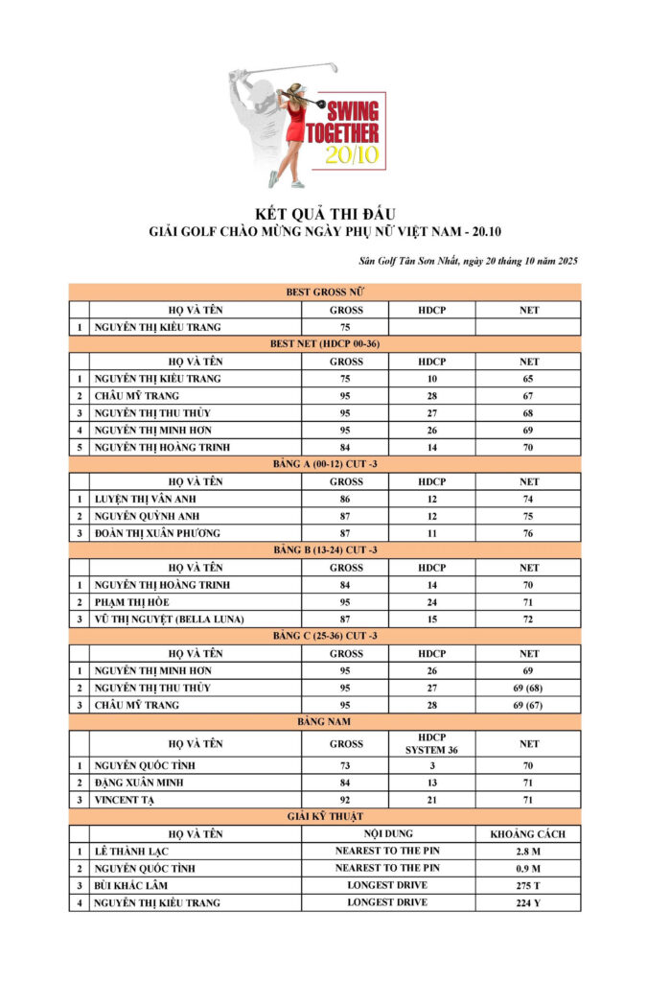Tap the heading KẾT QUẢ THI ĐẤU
(324, 213)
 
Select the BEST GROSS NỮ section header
(324, 292)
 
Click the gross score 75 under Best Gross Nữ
(346, 327)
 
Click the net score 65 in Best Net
(528, 379)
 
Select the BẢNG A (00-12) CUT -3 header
(324, 464)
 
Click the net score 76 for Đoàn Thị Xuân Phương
(528, 533)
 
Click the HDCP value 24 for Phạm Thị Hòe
(432, 602)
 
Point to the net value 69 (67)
(528, 705)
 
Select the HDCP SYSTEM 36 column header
(432, 743)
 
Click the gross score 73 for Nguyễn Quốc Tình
(346, 766)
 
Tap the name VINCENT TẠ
(125, 800)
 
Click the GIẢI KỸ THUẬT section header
(324, 816)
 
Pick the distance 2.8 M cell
(528, 851)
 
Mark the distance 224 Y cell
(528, 902)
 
